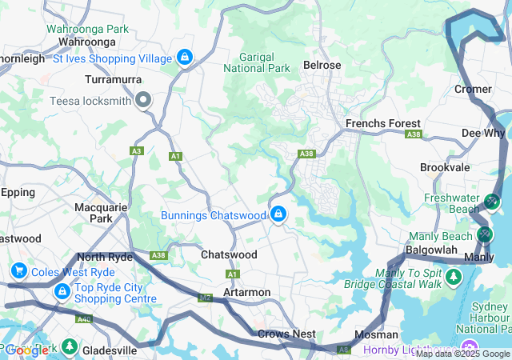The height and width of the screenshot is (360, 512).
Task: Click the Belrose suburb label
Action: tap(322, 65)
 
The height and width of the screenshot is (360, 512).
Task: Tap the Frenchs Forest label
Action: tap(382, 124)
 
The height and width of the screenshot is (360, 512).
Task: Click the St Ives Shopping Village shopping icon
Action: tap(185, 58)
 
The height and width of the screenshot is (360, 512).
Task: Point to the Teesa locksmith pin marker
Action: tap(144, 100)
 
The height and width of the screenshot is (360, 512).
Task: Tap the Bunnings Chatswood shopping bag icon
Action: tap(278, 214)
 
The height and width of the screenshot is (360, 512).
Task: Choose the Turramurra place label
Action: tap(114, 80)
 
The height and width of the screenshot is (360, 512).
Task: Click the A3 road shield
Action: tap(137, 150)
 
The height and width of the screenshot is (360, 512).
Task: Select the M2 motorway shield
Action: tap(206, 298)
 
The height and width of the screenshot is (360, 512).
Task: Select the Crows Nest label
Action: tap(286, 334)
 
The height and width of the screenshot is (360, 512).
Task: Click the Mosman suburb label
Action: tap(377, 334)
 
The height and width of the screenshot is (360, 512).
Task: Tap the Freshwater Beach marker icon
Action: tap(492, 201)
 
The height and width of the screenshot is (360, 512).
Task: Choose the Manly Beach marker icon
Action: tap(484, 235)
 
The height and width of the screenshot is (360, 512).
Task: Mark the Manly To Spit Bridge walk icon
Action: tap(454, 277)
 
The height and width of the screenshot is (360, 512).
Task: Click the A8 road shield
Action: tap(343, 349)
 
